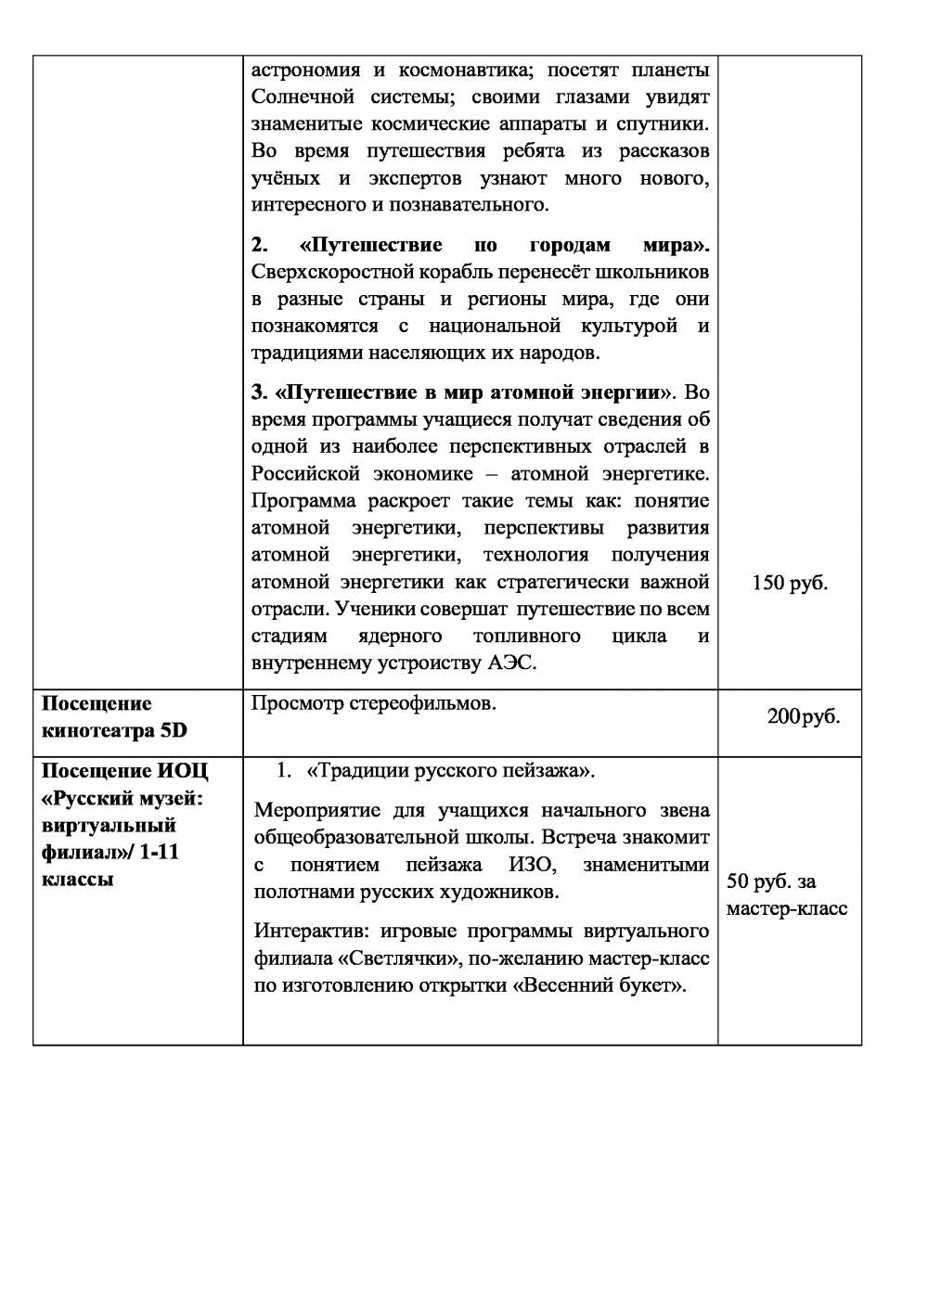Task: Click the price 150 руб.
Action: tap(790, 584)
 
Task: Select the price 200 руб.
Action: tap(803, 716)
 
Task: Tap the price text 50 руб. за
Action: tap(771, 881)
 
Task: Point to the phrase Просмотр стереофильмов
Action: tap(374, 703)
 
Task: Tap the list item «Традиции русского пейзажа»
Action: tap(449, 771)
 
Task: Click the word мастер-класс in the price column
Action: tap(786, 908)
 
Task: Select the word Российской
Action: tap(305, 474)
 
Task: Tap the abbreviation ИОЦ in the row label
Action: tap(183, 771)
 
